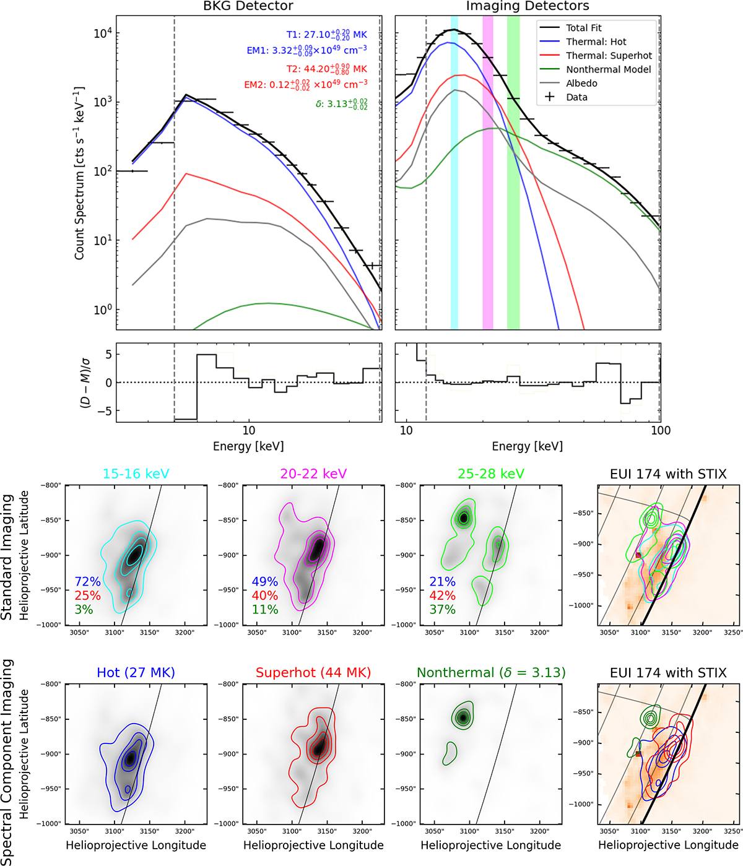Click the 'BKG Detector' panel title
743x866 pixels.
[248, 6]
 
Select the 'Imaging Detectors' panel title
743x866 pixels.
[528, 6]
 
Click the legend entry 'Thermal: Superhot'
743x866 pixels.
[609, 56]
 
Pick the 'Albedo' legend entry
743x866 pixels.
[581, 83]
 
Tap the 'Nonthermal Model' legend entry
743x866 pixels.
[608, 69]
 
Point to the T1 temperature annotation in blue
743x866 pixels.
[326, 35]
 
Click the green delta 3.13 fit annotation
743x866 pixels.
[341, 105]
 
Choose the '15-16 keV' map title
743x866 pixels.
[136, 474]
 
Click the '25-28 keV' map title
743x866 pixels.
[491, 474]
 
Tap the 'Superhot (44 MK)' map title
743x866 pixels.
[313, 673]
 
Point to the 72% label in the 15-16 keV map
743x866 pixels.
[87, 582]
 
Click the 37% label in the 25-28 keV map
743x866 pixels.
[443, 610]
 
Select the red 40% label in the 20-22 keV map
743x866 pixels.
[265, 595]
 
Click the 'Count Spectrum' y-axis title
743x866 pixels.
[79, 173]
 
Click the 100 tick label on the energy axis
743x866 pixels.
[661, 431]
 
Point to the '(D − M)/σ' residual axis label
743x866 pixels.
[83, 383]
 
